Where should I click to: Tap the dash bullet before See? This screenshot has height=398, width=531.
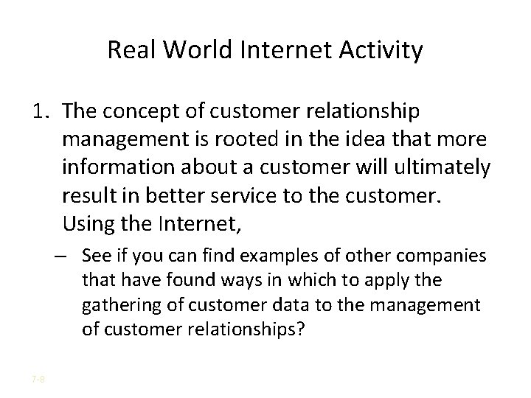[x=68, y=256]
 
